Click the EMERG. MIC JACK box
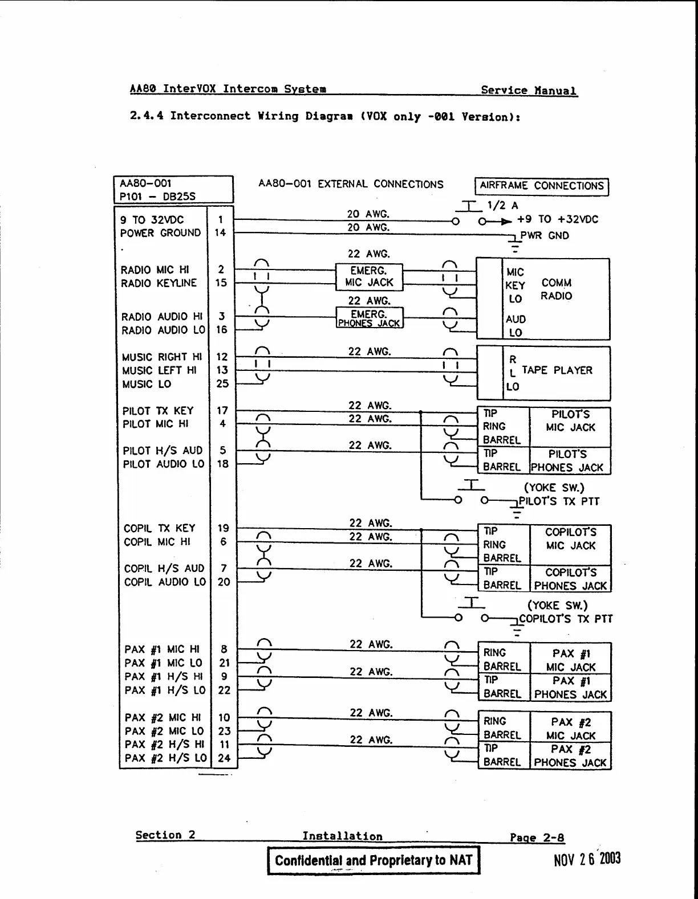pyautogui.click(x=369, y=276)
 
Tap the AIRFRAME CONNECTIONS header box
pyautogui.click(x=541, y=186)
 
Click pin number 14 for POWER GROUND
pyautogui.click(x=220, y=232)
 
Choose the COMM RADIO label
pyautogui.click(x=556, y=289)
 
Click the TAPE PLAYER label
pyautogui.click(x=557, y=370)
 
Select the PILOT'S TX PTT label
pyautogui.click(x=559, y=501)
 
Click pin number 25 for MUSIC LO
pyautogui.click(x=222, y=383)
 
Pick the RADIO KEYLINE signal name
pyautogui.click(x=159, y=283)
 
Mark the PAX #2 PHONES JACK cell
pyautogui.click(x=570, y=756)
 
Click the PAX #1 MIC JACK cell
pyautogui.click(x=570, y=660)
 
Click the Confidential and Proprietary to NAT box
pyautogui.click(x=374, y=860)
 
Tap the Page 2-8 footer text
pyautogui.click(x=537, y=837)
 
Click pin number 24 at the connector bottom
pyautogui.click(x=224, y=758)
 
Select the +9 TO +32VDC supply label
pyautogui.click(x=557, y=219)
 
